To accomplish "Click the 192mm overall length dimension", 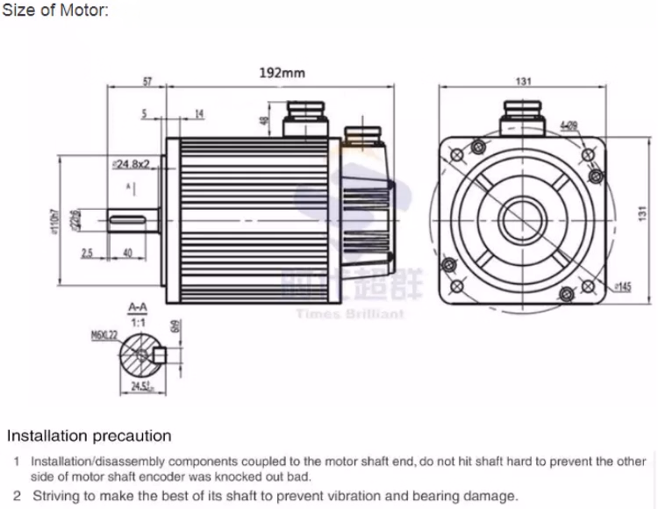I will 282,73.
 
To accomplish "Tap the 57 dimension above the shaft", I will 147,82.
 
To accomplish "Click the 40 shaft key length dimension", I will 127,253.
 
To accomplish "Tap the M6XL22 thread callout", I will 104,334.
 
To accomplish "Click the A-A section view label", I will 137,308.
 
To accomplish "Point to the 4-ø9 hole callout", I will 568,126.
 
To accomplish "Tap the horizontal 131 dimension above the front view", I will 523,82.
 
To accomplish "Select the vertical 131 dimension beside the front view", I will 641,211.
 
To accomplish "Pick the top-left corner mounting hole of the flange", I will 455,154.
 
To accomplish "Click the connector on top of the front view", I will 523,115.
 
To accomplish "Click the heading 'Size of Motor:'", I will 54,11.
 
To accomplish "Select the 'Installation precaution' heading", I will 89,435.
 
